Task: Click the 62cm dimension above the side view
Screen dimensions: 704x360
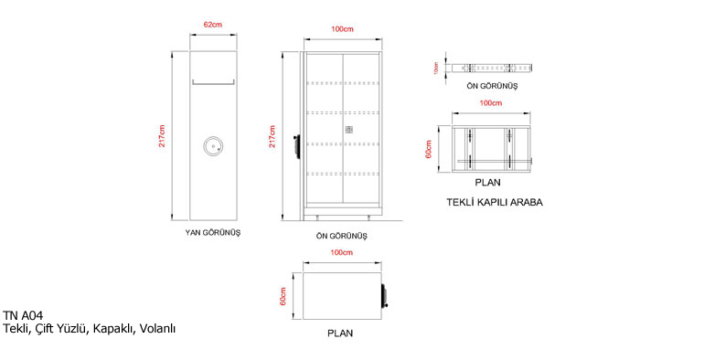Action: pyautogui.click(x=213, y=25)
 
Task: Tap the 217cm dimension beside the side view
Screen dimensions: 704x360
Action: pyautogui.click(x=162, y=136)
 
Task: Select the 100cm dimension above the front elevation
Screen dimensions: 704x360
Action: pyautogui.click(x=342, y=29)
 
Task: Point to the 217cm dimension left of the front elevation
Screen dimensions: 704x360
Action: pyautogui.click(x=272, y=136)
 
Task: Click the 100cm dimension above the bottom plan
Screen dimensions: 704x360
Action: pyautogui.click(x=341, y=253)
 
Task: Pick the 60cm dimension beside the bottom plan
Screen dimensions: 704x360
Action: pyautogui.click(x=283, y=296)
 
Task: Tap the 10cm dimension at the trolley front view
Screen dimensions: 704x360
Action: pyautogui.click(x=435, y=69)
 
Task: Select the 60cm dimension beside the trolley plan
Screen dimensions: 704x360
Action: pyautogui.click(x=428, y=149)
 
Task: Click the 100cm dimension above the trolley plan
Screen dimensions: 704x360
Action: pyautogui.click(x=491, y=103)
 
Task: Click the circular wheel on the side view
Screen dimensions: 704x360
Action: pyautogui.click(x=213, y=146)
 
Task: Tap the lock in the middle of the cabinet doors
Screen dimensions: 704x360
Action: pyautogui.click(x=349, y=130)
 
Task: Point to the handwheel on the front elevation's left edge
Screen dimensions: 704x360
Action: pyautogui.click(x=295, y=145)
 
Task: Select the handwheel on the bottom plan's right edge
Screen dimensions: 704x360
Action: pyautogui.click(x=384, y=295)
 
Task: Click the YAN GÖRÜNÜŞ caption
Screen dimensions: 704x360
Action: pyautogui.click(x=213, y=232)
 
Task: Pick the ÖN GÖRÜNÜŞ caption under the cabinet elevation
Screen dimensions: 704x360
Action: pyautogui.click(x=342, y=236)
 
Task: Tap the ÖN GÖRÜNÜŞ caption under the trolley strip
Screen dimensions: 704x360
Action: pyautogui.click(x=492, y=86)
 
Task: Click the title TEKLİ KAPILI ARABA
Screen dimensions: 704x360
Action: pyautogui.click(x=495, y=202)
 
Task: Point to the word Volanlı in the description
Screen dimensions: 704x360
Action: pyautogui.click(x=157, y=329)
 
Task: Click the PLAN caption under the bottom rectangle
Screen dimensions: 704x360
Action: pyautogui.click(x=340, y=334)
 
